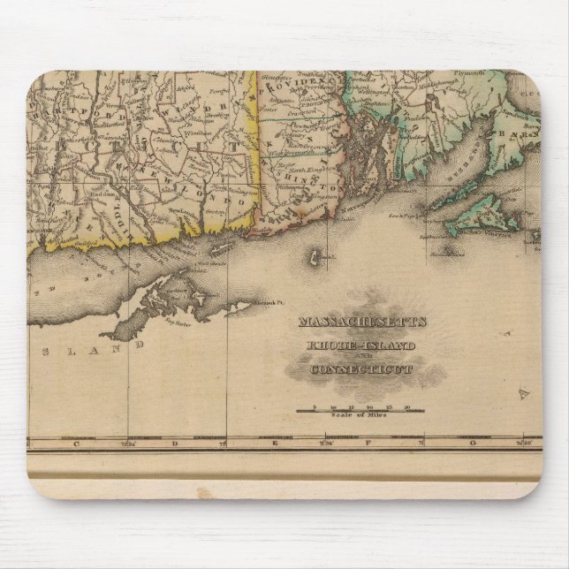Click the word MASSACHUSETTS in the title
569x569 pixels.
362,322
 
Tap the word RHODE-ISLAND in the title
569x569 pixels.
362,344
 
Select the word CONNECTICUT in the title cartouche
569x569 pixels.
361,368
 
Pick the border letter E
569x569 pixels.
275,442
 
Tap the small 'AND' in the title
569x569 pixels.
361,356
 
